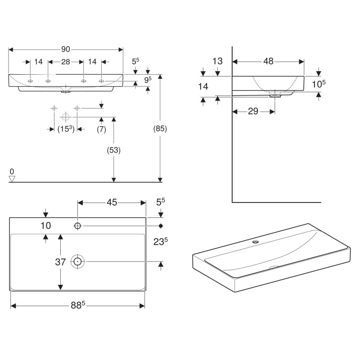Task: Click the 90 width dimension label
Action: [66, 49]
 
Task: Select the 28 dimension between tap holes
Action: [66, 62]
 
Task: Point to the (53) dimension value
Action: [113, 150]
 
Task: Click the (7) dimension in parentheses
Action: [101, 129]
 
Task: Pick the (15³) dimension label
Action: [65, 129]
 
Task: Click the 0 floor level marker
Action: [12, 171]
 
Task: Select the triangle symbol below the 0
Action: [12, 179]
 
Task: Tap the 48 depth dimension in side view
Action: [268, 62]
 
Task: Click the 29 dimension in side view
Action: [253, 111]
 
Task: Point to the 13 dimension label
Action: [217, 61]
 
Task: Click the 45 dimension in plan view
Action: [112, 202]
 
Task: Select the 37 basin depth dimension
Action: [60, 261]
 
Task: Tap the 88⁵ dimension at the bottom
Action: [77, 306]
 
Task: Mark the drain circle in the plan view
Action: [78, 261]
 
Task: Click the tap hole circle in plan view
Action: [78, 225]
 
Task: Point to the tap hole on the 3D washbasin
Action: [256, 241]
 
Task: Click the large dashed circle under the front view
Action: [66, 117]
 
